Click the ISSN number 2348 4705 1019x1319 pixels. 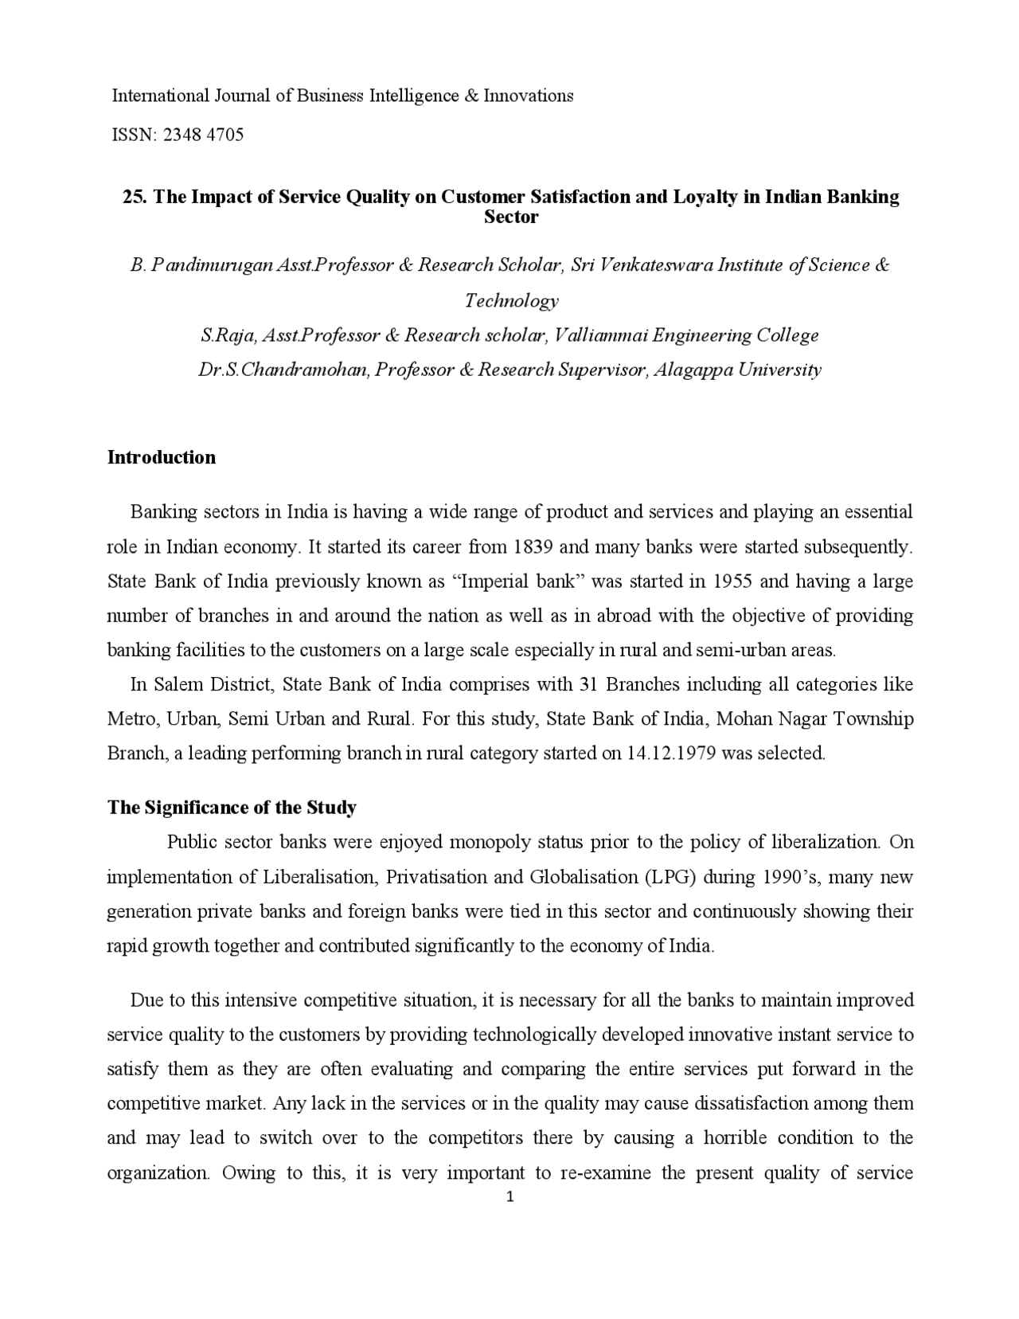tap(203, 135)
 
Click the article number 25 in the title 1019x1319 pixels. tap(132, 197)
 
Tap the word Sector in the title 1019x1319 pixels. tap(511, 217)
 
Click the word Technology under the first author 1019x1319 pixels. tap(511, 300)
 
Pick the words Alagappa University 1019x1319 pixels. tap(737, 370)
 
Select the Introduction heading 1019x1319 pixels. tap(162, 457)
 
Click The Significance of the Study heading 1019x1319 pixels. tap(232, 808)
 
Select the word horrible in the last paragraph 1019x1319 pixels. tap(735, 1138)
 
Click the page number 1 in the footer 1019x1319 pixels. tap(510, 1196)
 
